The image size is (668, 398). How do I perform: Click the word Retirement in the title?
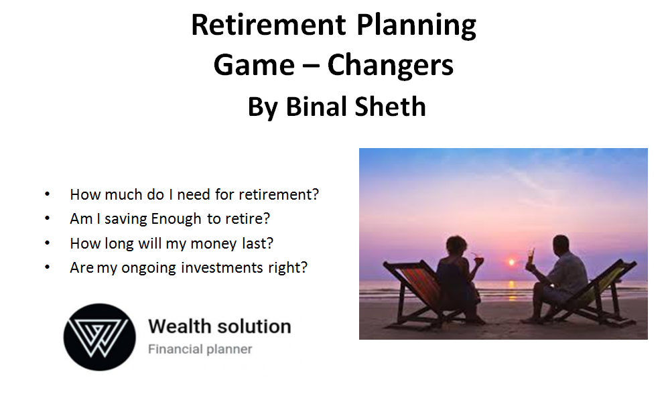coord(269,25)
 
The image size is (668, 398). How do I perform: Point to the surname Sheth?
coord(390,107)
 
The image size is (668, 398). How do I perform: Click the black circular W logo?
coord(100,337)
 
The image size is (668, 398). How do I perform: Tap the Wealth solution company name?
coord(220,327)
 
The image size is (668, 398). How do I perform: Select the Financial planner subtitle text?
coord(200,349)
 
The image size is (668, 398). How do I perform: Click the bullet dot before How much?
coord(48,194)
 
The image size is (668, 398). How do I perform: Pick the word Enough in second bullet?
coord(176,219)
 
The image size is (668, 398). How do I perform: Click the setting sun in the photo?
coord(511,262)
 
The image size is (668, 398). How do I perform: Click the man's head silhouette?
coord(561,245)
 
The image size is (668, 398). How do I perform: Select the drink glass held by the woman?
coord(479,258)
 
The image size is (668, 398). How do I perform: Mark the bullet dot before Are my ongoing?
coord(48,267)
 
